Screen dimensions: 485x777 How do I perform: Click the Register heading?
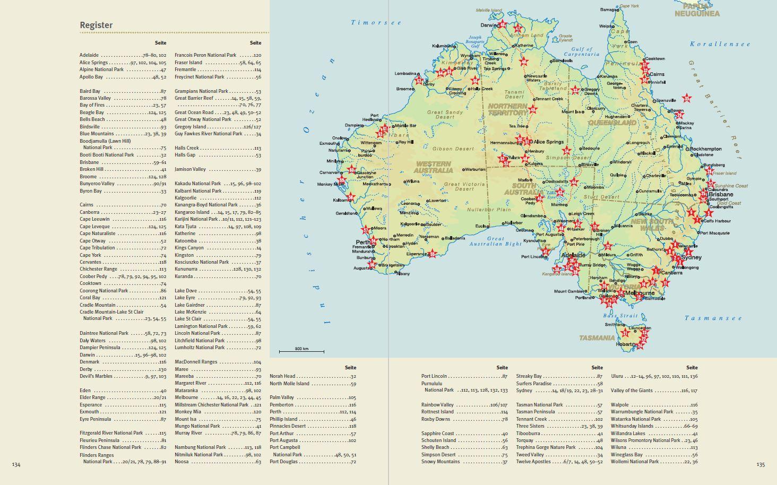(x=96, y=25)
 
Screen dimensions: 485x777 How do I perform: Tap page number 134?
(x=16, y=464)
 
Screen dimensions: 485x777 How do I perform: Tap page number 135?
(x=761, y=464)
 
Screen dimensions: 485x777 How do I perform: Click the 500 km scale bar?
(x=301, y=350)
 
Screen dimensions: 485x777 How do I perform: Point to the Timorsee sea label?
(x=376, y=23)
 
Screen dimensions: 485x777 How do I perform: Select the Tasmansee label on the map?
(x=713, y=318)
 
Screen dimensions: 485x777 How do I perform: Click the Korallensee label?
(x=720, y=44)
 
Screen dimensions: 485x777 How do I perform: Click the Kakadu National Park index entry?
(x=197, y=184)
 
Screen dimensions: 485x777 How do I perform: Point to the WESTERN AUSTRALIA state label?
(x=434, y=167)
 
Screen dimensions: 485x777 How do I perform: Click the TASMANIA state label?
(x=597, y=338)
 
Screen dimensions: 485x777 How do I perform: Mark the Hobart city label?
(x=624, y=344)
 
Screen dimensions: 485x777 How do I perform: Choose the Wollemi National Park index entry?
(x=635, y=462)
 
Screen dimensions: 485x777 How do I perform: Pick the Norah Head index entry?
(x=282, y=376)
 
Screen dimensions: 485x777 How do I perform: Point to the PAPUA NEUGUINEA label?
(x=696, y=10)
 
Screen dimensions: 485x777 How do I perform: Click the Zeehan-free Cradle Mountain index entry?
(x=97, y=305)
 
